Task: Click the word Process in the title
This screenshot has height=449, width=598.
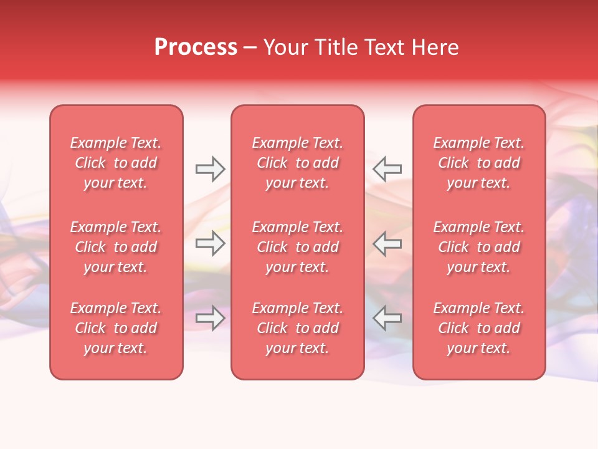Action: pos(196,47)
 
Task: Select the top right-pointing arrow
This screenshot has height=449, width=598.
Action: pos(211,168)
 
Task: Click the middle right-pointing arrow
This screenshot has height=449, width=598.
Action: pos(211,243)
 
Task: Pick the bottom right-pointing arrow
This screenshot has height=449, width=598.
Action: pos(211,318)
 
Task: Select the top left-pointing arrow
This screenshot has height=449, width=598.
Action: pos(387,168)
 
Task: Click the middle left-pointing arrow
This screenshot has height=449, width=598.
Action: pos(387,243)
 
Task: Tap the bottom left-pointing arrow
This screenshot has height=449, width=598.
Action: pos(387,318)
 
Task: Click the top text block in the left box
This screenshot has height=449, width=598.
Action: pos(116,163)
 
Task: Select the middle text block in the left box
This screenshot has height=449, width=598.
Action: pos(116,247)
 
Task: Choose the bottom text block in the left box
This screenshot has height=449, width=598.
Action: pos(116,328)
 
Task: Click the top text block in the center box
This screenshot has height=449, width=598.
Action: pos(298,163)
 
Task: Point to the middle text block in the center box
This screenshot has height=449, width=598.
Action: pos(298,247)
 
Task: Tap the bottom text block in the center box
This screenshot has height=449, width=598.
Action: pos(298,328)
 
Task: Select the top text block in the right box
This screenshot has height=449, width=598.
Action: pos(479,163)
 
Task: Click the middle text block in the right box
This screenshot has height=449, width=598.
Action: pos(479,247)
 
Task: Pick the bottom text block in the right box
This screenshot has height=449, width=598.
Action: pos(479,328)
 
